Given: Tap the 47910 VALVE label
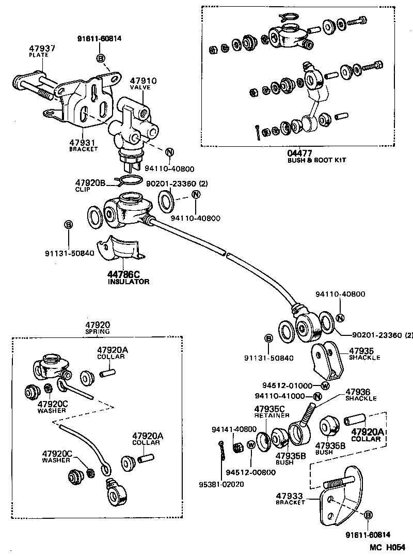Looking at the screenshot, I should click(x=143, y=84).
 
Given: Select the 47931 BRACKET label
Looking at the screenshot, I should click(x=84, y=145).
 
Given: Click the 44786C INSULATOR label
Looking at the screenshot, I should click(x=129, y=278).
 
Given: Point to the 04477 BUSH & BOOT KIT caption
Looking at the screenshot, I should click(x=316, y=156).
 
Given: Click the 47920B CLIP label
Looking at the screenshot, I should click(x=90, y=186).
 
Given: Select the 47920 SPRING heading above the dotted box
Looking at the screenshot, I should click(x=98, y=328).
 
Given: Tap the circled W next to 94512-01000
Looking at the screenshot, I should click(x=325, y=385).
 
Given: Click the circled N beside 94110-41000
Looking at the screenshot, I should click(x=317, y=397).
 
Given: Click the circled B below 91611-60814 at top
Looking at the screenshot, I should click(x=100, y=56).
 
